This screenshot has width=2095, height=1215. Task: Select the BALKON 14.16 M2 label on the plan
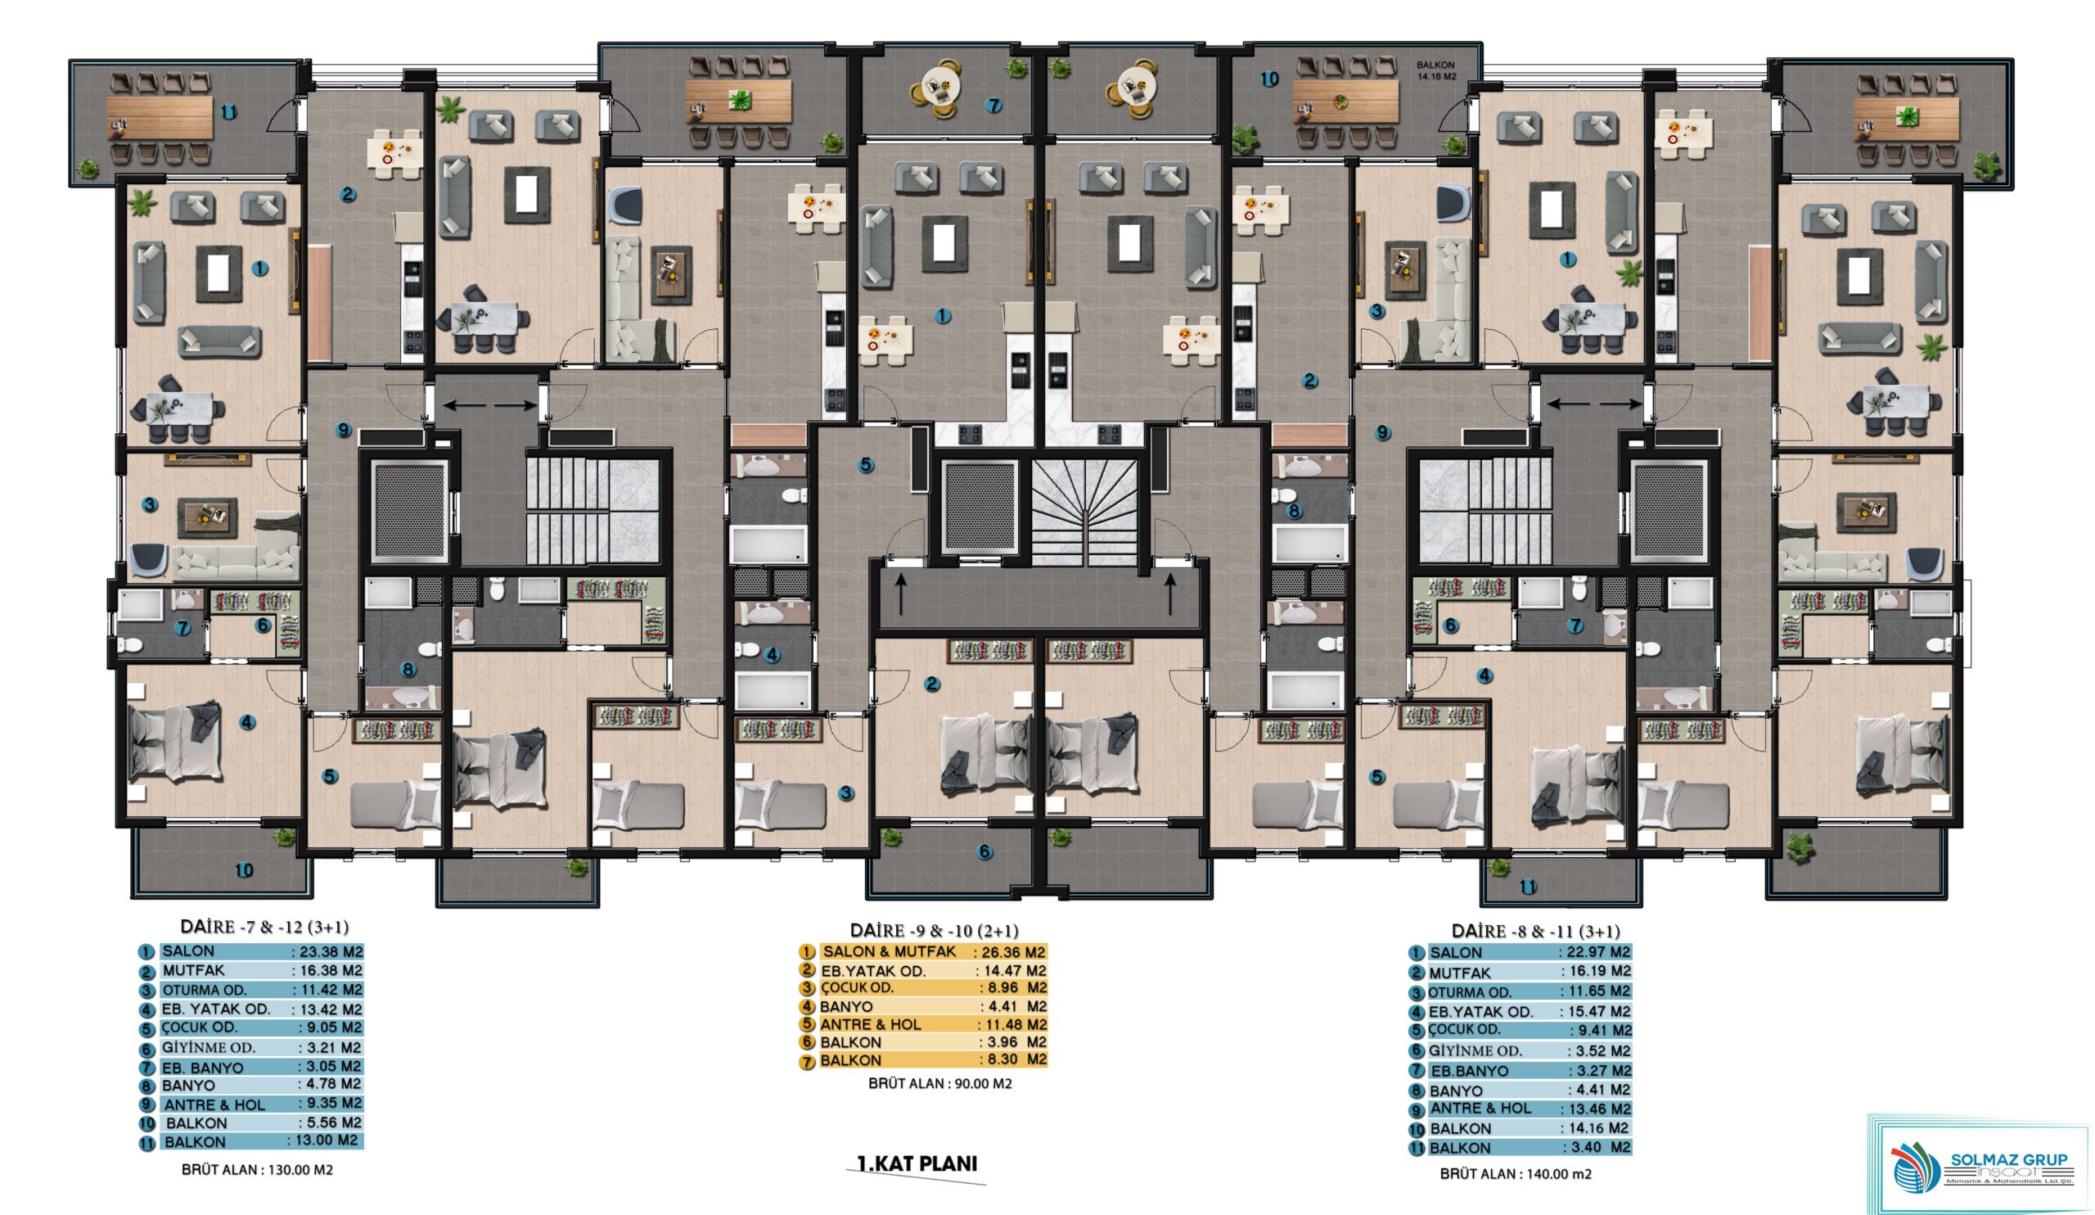[1435, 70]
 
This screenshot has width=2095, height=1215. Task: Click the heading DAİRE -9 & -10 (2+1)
[934, 931]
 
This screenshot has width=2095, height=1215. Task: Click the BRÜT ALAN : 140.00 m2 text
[1516, 1174]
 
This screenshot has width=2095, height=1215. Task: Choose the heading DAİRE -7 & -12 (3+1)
[264, 927]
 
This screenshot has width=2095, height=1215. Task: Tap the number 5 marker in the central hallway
[867, 465]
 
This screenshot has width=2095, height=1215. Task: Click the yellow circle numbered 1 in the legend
[805, 952]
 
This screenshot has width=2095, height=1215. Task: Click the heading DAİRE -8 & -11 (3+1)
[1535, 932]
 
